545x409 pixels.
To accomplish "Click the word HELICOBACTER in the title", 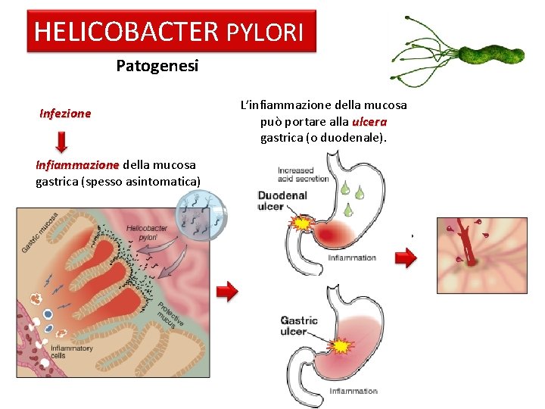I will click(126, 32).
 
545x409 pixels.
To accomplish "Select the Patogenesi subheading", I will click(157, 67).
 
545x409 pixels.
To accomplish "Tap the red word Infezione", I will click(65, 114).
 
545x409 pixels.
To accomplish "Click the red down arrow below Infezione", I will click(62, 141).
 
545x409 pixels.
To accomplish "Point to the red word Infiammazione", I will click(77, 164).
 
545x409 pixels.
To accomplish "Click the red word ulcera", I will click(369, 121).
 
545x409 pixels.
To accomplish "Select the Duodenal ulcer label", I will click(282, 201).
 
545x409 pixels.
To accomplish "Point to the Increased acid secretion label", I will click(303, 174).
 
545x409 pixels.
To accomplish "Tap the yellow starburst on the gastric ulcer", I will click(343, 345).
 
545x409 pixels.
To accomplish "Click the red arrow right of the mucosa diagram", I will click(226, 291).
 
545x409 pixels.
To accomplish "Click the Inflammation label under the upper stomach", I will click(352, 258).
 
